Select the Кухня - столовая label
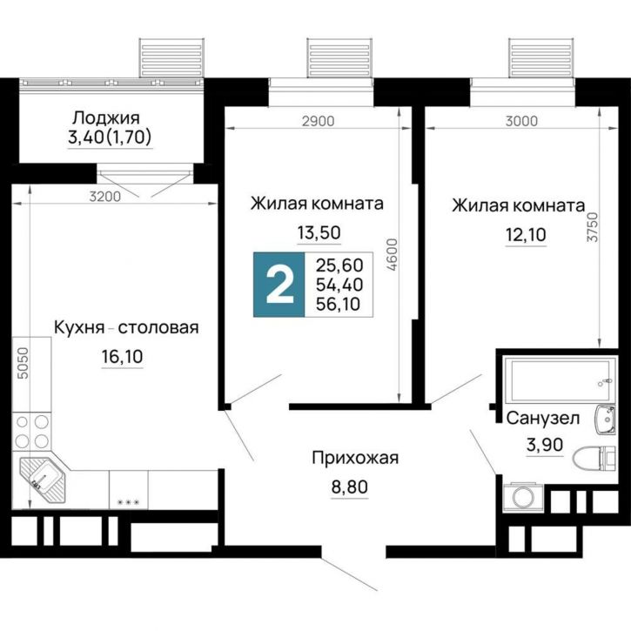tap(127, 327)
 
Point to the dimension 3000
tap(521, 121)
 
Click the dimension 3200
tap(104, 197)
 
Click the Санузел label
tap(542, 419)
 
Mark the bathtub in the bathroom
tap(556, 379)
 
